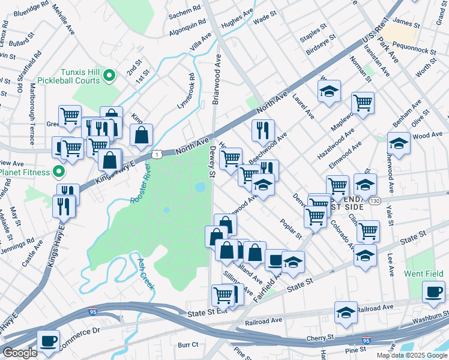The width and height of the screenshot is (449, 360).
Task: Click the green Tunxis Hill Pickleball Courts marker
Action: pyautogui.click(x=109, y=75)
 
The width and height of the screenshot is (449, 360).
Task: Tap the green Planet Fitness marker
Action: pyautogui.click(x=59, y=172)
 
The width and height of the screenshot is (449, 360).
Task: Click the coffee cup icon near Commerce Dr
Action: pyautogui.click(x=48, y=340)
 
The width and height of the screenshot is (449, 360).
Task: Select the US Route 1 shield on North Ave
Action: pyautogui.click(x=157, y=155)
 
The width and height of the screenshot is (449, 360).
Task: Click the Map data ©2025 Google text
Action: pyautogui.click(x=412, y=355)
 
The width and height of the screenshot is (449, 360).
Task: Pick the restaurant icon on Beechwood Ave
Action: pyautogui.click(x=263, y=130)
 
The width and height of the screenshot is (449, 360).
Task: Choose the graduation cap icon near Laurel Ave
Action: pyautogui.click(x=329, y=91)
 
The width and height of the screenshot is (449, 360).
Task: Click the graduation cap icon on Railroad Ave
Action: pyautogui.click(x=346, y=313)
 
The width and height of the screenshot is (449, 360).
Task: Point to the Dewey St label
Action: pyautogui.click(x=211, y=163)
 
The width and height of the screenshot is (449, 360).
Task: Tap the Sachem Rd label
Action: pyautogui.click(x=185, y=11)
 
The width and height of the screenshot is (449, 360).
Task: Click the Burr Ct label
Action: pyautogui.click(x=188, y=345)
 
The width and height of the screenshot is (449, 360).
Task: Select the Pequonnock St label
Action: pyautogui.click(x=415, y=45)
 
